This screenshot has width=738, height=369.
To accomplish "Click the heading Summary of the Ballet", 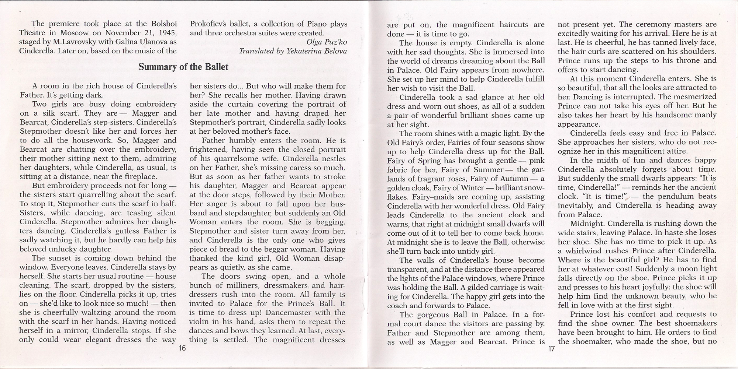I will [x=183, y=67].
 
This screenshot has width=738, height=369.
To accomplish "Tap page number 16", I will [x=182, y=348].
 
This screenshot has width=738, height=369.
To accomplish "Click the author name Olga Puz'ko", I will [x=327, y=42].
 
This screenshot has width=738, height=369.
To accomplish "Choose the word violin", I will [x=202, y=321].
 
